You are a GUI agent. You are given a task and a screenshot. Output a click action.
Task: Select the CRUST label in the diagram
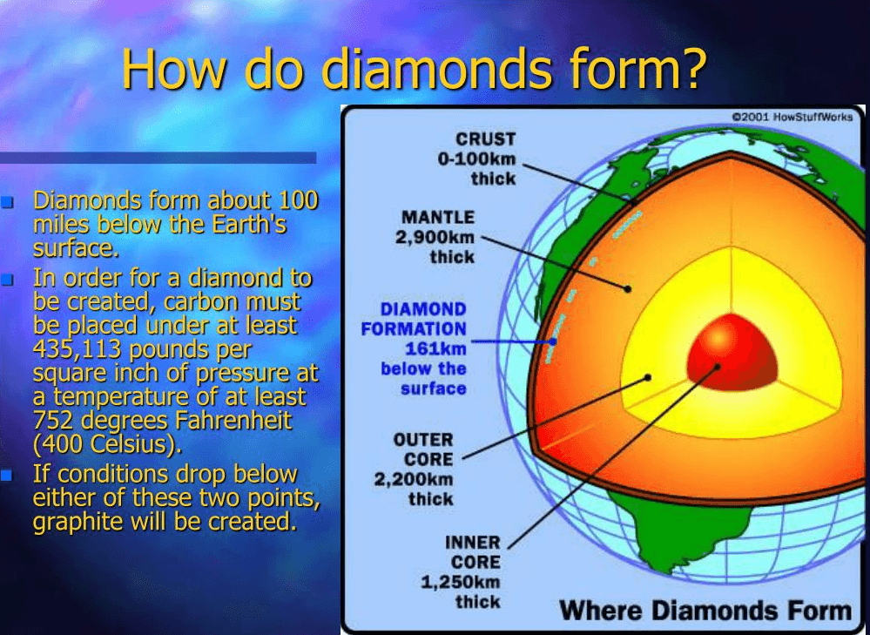[x=485, y=139]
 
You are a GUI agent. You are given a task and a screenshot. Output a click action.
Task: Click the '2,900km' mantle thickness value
[x=435, y=237]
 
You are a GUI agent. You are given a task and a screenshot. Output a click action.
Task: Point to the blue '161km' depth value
[x=435, y=348]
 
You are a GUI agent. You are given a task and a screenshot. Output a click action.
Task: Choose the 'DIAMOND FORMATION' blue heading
[x=414, y=319]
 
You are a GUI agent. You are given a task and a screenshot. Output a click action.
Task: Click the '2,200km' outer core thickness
[x=414, y=479]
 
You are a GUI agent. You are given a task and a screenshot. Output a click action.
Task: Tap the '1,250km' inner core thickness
[x=461, y=582]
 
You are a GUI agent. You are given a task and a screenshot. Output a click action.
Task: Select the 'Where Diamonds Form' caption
[x=705, y=609]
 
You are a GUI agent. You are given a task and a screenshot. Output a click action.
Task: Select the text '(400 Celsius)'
[x=107, y=444]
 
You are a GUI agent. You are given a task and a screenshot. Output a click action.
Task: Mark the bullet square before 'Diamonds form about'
[x=8, y=203]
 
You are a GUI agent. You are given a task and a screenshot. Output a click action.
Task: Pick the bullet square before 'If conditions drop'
[x=8, y=476]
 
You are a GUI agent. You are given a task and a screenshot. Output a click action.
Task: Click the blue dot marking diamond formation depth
[x=552, y=341]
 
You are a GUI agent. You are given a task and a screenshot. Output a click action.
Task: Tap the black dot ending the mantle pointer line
[x=627, y=287]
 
